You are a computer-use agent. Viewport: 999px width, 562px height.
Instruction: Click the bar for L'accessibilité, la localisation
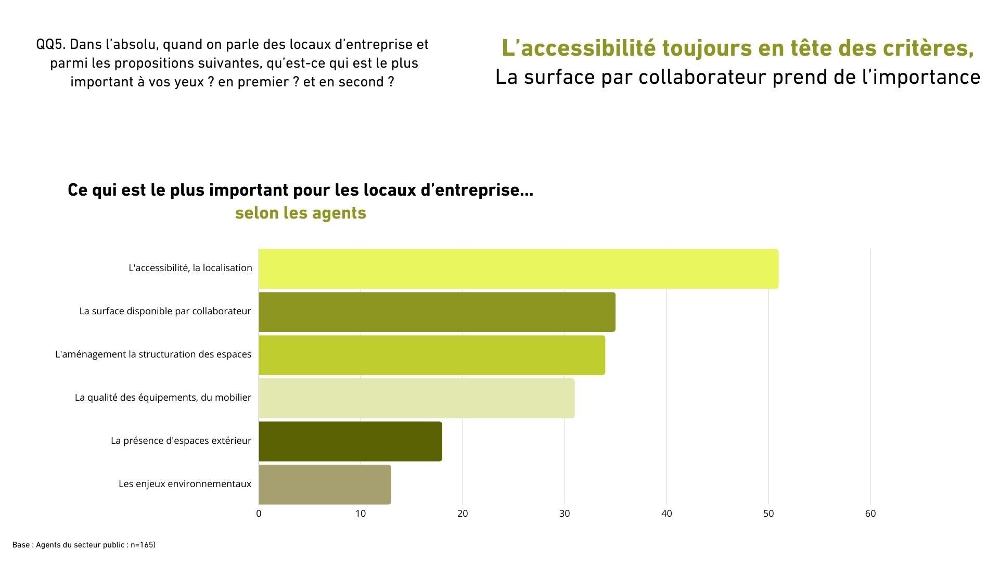point(518,269)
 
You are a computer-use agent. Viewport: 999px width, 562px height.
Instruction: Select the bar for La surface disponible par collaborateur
point(437,312)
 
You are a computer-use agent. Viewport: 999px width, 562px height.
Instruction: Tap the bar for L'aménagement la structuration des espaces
point(431,355)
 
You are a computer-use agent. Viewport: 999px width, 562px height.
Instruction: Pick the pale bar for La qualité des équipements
point(416,398)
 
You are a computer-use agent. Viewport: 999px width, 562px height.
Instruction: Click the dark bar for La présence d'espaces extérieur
point(350,441)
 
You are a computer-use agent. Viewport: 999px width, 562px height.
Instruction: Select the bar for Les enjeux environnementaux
point(325,484)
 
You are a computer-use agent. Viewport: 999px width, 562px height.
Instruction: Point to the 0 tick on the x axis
point(259,514)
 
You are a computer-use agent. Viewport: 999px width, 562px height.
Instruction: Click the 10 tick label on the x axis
point(361,514)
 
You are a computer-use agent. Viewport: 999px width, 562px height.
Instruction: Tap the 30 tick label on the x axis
point(565,514)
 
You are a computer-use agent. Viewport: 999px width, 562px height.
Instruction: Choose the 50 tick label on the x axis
point(769,514)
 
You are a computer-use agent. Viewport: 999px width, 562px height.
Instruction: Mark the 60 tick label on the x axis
point(870,514)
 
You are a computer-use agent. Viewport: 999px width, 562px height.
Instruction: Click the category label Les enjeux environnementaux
point(185,484)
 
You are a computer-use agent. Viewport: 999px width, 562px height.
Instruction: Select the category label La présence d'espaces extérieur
point(181,441)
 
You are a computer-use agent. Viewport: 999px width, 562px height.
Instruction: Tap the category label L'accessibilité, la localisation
point(190,268)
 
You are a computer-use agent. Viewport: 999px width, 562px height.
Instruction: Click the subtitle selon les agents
point(300,213)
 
